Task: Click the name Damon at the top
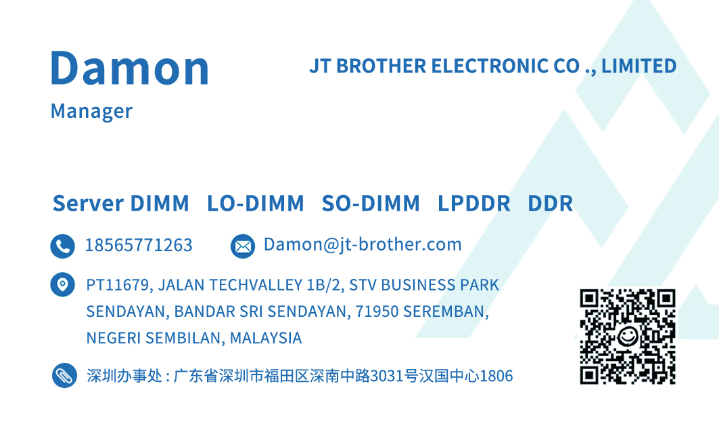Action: click(130, 68)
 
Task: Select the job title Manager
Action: click(91, 111)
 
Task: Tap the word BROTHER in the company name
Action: click(381, 66)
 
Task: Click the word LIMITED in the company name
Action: click(639, 66)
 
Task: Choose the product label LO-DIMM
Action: click(256, 203)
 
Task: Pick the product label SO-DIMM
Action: click(371, 203)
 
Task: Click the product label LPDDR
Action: click(473, 203)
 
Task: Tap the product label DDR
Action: click(551, 203)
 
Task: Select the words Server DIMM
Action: click(120, 203)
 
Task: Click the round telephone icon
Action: click(63, 246)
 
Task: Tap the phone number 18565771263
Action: click(139, 245)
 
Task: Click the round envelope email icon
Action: click(243, 246)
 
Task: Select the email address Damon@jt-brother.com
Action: click(363, 244)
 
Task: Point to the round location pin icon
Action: click(63, 284)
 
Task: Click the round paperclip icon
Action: click(64, 376)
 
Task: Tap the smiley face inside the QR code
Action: click(627, 337)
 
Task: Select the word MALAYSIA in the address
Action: click(266, 339)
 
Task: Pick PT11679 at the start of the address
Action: click(119, 286)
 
